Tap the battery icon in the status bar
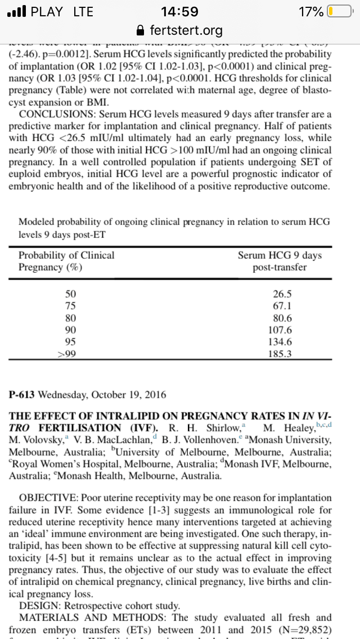(x=339, y=11)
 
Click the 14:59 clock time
(x=179, y=11)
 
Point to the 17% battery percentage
(x=311, y=11)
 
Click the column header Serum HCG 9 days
(x=280, y=255)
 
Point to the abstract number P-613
(x=26, y=394)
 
